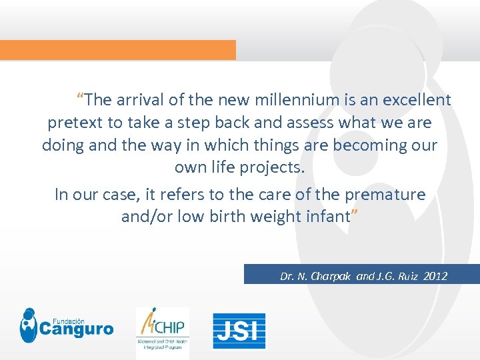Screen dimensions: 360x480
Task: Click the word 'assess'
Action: [310, 123]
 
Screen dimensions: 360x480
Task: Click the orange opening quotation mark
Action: [80, 97]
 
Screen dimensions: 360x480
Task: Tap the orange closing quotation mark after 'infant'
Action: [355, 213]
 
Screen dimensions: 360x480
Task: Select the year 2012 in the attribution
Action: [435, 276]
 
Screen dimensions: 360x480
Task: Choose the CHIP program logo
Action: [162, 328]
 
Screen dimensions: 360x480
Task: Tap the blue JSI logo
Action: [239, 331]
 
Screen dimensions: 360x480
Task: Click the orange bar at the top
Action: [117, 50]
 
